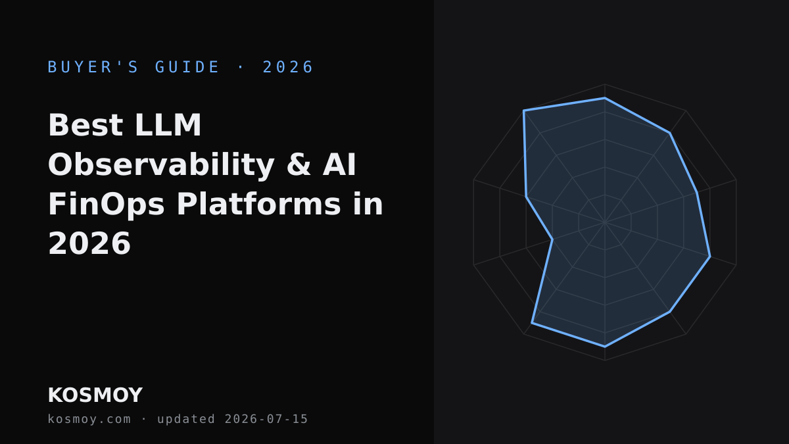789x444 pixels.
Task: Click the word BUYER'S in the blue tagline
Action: click(93, 67)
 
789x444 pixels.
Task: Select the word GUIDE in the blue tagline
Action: click(187, 67)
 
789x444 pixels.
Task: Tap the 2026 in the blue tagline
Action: click(288, 67)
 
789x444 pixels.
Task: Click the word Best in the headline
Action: click(85, 125)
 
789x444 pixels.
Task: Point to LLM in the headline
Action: click(168, 125)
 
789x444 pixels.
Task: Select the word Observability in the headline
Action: click(161, 165)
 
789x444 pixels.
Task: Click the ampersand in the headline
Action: click(299, 165)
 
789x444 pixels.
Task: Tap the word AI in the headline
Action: click(339, 165)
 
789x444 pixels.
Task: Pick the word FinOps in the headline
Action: click(107, 205)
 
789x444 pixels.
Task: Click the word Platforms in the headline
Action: click(258, 204)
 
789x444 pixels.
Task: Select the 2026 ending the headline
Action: click(89, 243)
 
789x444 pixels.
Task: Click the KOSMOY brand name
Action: click(95, 395)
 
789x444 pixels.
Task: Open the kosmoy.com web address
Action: click(89, 419)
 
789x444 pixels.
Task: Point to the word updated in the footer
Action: click(186, 420)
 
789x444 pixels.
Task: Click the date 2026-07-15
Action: click(266, 419)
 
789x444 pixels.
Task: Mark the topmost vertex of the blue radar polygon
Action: click(605, 98)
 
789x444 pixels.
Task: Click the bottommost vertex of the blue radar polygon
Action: click(605, 347)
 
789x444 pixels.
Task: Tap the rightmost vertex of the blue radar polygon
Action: click(710, 257)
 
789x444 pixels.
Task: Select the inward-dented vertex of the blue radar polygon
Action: click(552, 239)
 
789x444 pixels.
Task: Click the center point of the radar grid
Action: click(605, 222)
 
